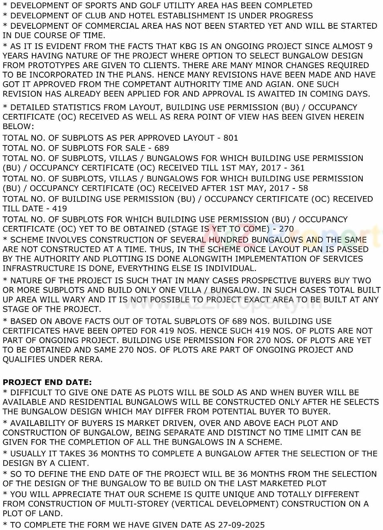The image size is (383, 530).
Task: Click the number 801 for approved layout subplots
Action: [231, 138]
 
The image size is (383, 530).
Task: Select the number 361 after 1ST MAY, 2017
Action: [297, 168]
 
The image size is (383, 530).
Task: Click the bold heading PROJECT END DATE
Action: [47, 382]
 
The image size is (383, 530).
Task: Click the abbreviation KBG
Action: [191, 46]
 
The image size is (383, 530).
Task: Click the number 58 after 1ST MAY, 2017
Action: [303, 188]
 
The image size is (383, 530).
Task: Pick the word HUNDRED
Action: [229, 240]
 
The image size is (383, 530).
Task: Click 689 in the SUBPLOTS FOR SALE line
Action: [162, 148]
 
